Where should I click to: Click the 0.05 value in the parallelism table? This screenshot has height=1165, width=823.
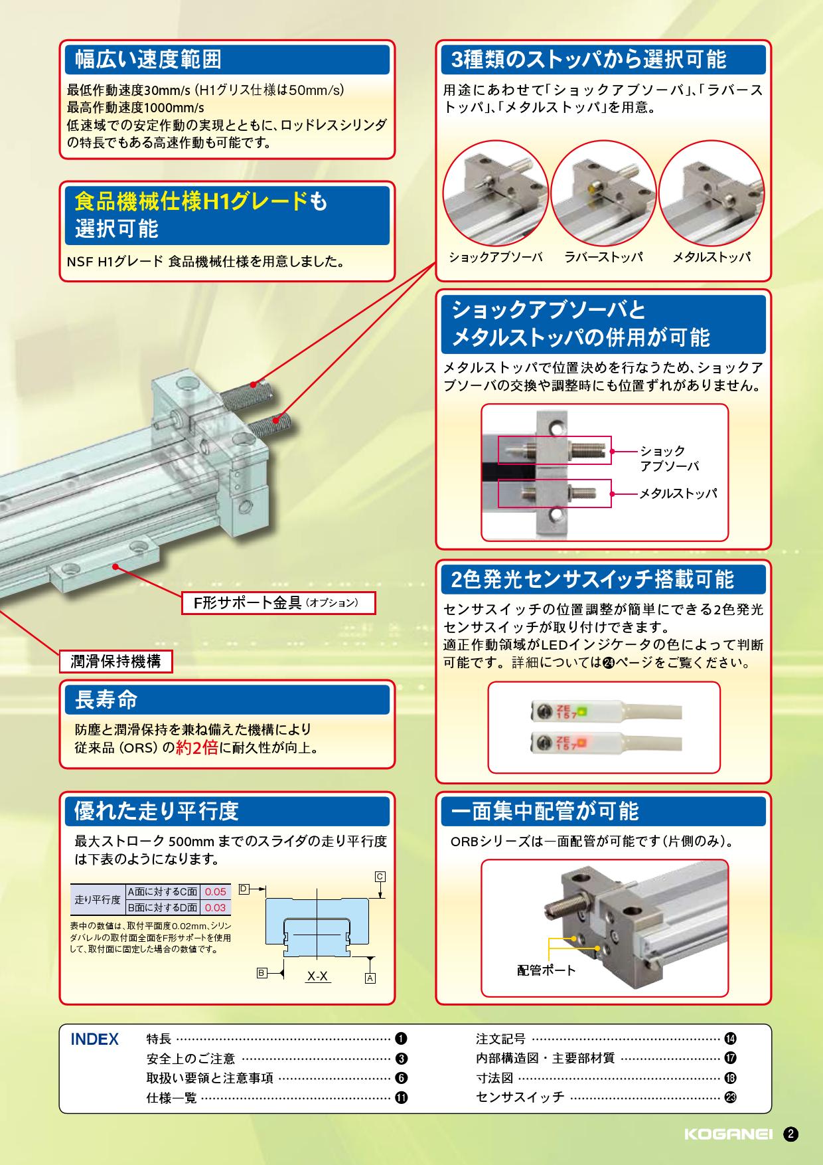tap(215, 892)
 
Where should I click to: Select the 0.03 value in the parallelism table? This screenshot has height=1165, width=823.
tap(215, 907)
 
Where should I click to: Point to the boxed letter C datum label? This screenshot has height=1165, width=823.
tap(380, 876)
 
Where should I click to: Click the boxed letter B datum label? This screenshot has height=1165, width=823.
tap(262, 973)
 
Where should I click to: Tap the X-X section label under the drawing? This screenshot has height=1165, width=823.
tap(317, 976)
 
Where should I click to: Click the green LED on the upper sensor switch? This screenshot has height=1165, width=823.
tap(581, 711)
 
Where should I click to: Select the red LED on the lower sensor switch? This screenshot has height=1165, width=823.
tap(581, 740)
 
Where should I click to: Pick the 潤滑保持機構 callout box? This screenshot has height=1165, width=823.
tap(116, 662)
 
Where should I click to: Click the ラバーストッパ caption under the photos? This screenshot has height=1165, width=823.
tap(603, 257)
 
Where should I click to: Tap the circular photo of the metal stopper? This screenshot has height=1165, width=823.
tap(711, 192)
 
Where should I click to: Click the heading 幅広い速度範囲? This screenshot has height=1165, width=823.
tap(147, 60)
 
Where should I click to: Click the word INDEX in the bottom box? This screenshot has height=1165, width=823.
tap(94, 1039)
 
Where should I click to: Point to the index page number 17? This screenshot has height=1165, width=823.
tap(730, 1059)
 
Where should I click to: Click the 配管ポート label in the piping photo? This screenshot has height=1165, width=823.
tap(546, 970)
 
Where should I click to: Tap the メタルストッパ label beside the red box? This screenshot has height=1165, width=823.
tap(678, 493)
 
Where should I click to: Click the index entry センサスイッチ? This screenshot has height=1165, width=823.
tap(520, 1097)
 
